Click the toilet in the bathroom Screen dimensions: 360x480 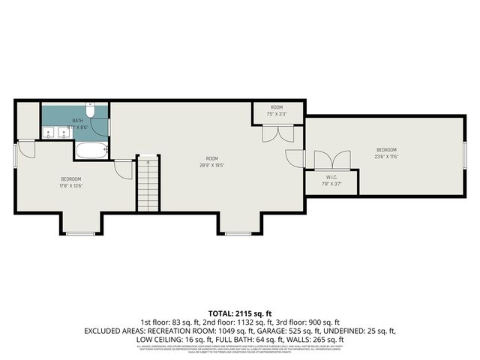pyautogui.click(x=90, y=111)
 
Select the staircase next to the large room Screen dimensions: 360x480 pyautogui.click(x=148, y=184)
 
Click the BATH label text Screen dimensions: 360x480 pyautogui.click(x=77, y=121)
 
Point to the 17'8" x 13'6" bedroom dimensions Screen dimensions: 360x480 pyautogui.click(x=71, y=185)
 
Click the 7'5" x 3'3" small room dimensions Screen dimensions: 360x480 pyautogui.click(x=277, y=114)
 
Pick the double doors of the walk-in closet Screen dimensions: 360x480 pyautogui.click(x=331, y=161)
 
